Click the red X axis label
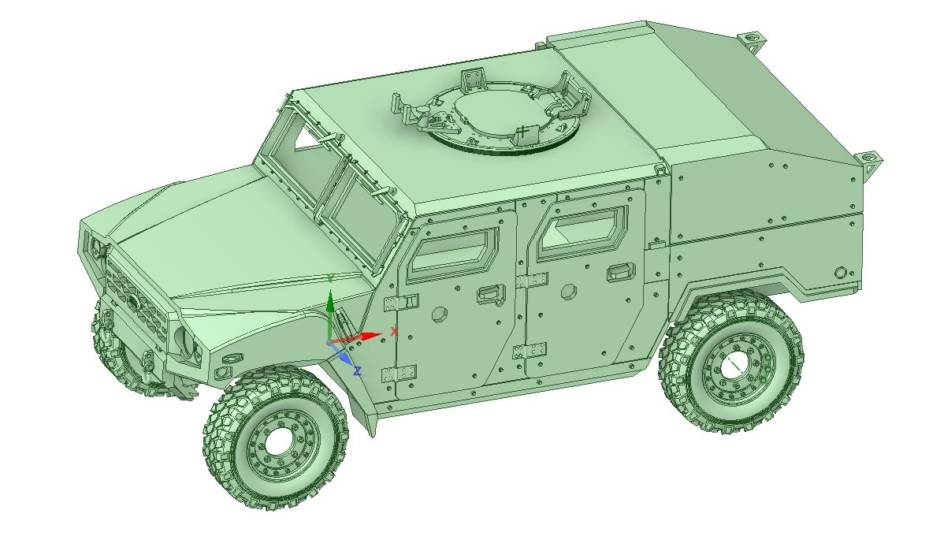click(395, 331)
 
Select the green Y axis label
click(332, 277)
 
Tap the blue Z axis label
click(357, 371)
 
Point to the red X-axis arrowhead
click(371, 336)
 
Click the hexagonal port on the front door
click(440, 314)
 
